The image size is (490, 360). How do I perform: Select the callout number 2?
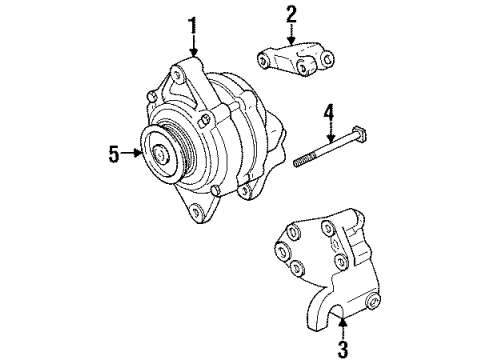(x=291, y=14)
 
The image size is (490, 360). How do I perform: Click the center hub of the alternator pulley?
(x=160, y=154)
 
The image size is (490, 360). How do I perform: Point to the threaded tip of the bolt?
(x=298, y=163)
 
